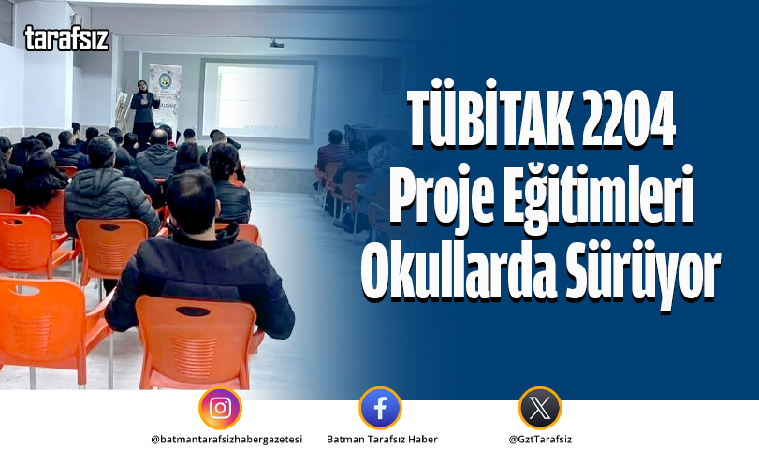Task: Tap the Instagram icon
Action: [x=220, y=409]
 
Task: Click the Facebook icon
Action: [x=380, y=409]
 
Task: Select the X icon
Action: [x=540, y=409]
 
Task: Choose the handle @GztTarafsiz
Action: [x=540, y=440]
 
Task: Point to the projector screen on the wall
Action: [x=257, y=101]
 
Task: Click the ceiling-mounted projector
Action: [x=277, y=43]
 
